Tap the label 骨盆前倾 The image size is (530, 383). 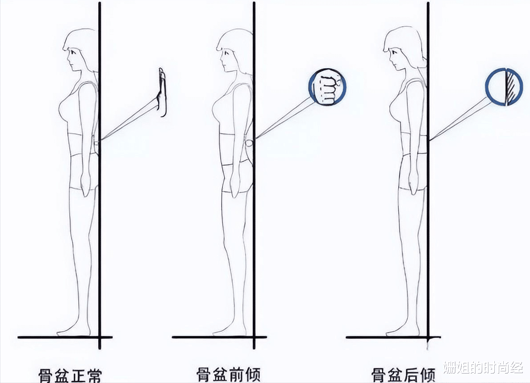tap(229, 375)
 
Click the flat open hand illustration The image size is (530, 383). tap(163, 92)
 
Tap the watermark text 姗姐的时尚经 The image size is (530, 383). tap(484, 367)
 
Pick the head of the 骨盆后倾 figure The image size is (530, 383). tap(402, 49)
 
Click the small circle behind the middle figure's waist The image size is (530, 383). tap(249, 143)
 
